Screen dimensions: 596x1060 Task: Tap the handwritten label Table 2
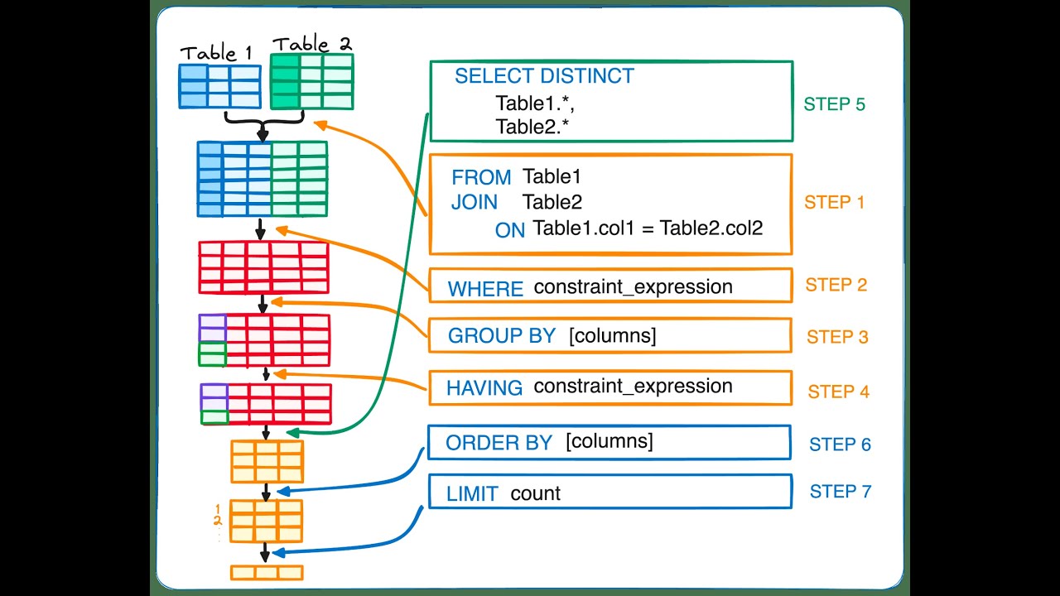click(311, 44)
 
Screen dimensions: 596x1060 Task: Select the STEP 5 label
click(834, 104)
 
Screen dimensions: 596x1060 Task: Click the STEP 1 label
click(834, 202)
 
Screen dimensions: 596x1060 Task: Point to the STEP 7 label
click(840, 491)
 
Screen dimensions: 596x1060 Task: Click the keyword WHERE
click(485, 289)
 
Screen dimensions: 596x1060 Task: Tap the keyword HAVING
click(484, 387)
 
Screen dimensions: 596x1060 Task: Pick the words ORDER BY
click(499, 443)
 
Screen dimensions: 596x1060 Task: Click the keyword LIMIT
click(472, 494)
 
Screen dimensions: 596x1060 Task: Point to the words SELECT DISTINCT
click(544, 76)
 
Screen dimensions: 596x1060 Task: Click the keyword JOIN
click(475, 203)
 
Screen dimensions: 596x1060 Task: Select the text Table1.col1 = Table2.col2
click(647, 228)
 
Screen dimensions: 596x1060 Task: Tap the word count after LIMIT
click(535, 493)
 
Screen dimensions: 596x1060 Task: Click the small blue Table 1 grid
click(220, 86)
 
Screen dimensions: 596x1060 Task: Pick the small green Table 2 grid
click(311, 81)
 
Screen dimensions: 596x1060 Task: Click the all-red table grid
click(263, 267)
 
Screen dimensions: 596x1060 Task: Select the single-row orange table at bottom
click(267, 572)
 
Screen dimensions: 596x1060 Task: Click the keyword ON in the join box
click(510, 230)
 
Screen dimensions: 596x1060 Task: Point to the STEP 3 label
click(837, 337)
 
